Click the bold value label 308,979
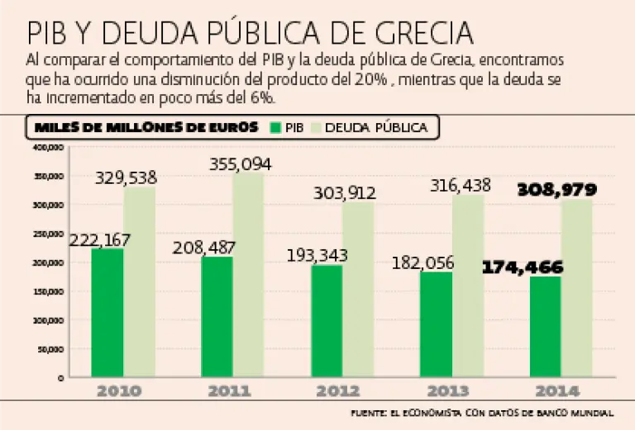tap(556, 190)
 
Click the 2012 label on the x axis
tap(339, 391)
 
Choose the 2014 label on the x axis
tap(557, 391)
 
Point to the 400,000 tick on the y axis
tap(49, 148)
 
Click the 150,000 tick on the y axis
tap(49, 291)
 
